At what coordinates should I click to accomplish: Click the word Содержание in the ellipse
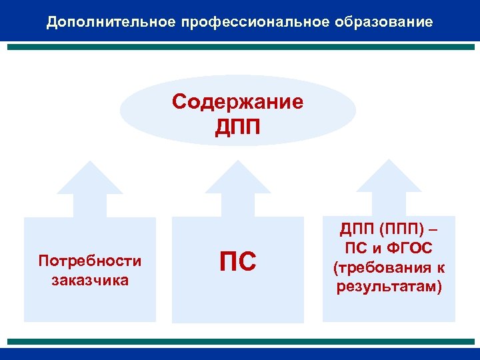(x=237, y=102)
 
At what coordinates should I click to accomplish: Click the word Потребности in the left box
(x=90, y=260)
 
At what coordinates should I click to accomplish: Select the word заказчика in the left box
(x=90, y=279)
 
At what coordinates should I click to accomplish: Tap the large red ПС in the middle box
(x=237, y=262)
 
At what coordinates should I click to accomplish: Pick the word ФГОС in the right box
(x=409, y=249)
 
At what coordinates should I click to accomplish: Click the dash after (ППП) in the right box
(x=435, y=230)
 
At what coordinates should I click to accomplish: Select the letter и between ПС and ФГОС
(x=375, y=249)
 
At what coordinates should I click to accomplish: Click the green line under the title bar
(x=240, y=48)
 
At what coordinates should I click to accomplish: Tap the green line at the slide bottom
(x=240, y=341)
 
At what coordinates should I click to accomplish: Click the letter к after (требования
(x=441, y=267)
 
